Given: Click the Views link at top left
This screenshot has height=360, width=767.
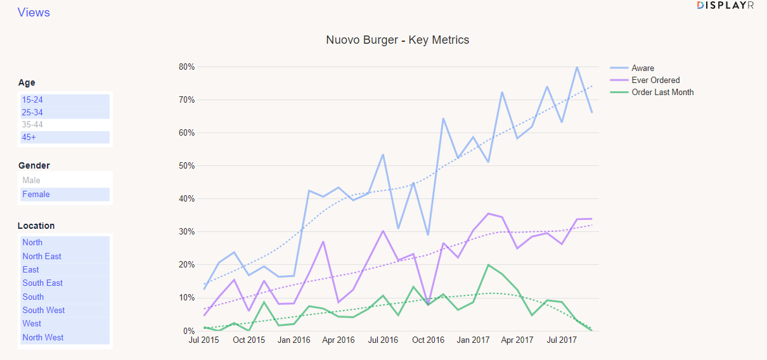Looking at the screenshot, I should click(x=34, y=13).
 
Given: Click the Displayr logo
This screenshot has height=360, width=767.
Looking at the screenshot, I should click(x=725, y=5).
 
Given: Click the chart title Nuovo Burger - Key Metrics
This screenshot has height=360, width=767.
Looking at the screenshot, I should click(x=397, y=40).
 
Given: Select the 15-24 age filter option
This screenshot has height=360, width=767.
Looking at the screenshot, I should click(x=33, y=100).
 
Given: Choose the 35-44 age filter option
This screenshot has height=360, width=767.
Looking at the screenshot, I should click(x=33, y=125).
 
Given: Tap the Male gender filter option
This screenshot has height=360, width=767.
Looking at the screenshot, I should click(x=32, y=181).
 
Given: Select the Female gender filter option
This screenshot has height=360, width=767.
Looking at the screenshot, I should click(x=36, y=195).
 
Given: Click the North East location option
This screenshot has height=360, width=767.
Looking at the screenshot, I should click(x=42, y=256).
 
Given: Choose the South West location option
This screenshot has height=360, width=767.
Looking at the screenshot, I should click(x=44, y=310).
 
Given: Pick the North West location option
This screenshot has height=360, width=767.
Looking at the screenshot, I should click(x=43, y=337).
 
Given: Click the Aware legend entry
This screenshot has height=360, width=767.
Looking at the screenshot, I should click(x=643, y=68).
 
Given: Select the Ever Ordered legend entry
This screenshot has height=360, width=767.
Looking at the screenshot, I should click(x=655, y=80).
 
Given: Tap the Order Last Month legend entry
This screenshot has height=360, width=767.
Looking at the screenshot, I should click(x=662, y=93).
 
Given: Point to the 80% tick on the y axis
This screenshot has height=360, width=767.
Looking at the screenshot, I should click(x=186, y=67).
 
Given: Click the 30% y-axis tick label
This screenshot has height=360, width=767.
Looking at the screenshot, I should click(x=186, y=232).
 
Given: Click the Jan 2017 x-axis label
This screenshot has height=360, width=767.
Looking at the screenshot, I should click(x=473, y=340).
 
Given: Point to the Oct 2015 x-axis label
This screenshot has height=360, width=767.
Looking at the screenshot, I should click(x=248, y=340).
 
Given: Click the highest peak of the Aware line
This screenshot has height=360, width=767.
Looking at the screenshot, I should click(x=577, y=67).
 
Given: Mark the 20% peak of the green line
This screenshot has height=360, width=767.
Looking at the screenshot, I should click(x=488, y=265).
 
